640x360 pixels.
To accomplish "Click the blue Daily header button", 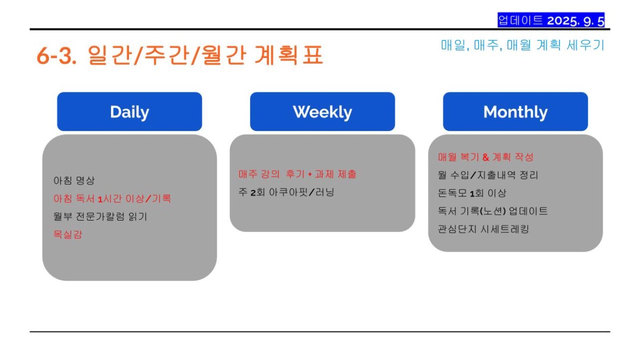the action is tap(129, 112).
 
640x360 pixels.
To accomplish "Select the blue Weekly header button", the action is tap(322, 112).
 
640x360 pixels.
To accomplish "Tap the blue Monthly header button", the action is tap(515, 112).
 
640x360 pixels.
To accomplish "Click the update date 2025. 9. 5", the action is tap(576, 21).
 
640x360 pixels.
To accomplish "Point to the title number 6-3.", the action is tap(56, 55).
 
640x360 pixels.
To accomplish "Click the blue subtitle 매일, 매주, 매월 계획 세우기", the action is tap(523, 45).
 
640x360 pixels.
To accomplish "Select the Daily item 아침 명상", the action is tap(74, 181).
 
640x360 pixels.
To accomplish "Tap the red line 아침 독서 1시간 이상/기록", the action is tap(112, 198).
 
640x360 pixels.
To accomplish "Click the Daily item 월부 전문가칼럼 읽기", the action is tap(101, 216).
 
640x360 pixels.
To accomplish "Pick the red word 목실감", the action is tap(68, 234).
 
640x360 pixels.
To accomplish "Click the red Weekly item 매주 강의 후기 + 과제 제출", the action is tap(297, 174).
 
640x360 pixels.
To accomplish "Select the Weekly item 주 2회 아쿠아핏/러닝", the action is tap(286, 192).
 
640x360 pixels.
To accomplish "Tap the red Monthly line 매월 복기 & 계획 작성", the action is tap(486, 157).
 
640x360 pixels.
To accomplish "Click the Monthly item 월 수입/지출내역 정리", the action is tap(488, 175).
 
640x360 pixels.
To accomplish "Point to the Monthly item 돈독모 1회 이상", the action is tap(472, 193).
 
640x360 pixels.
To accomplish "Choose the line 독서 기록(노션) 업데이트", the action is tap(493, 211).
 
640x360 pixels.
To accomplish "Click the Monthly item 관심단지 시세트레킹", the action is tap(484, 229).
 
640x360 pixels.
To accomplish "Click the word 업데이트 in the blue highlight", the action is tap(521, 21).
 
